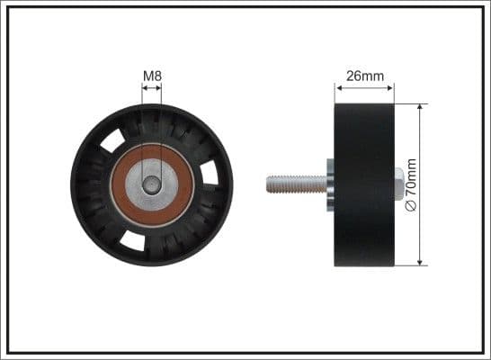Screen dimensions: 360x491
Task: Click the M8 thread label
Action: (x=152, y=76)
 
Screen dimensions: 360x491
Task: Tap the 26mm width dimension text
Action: (x=364, y=76)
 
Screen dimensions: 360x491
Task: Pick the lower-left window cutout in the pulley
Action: (x=132, y=238)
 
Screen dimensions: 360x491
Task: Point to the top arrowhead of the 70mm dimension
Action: (x=420, y=107)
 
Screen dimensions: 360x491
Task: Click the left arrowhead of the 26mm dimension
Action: (x=338, y=87)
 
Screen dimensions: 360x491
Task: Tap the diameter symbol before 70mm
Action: (x=413, y=207)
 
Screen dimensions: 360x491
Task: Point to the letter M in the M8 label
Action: (x=148, y=76)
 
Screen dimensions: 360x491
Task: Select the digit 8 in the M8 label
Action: (x=157, y=76)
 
